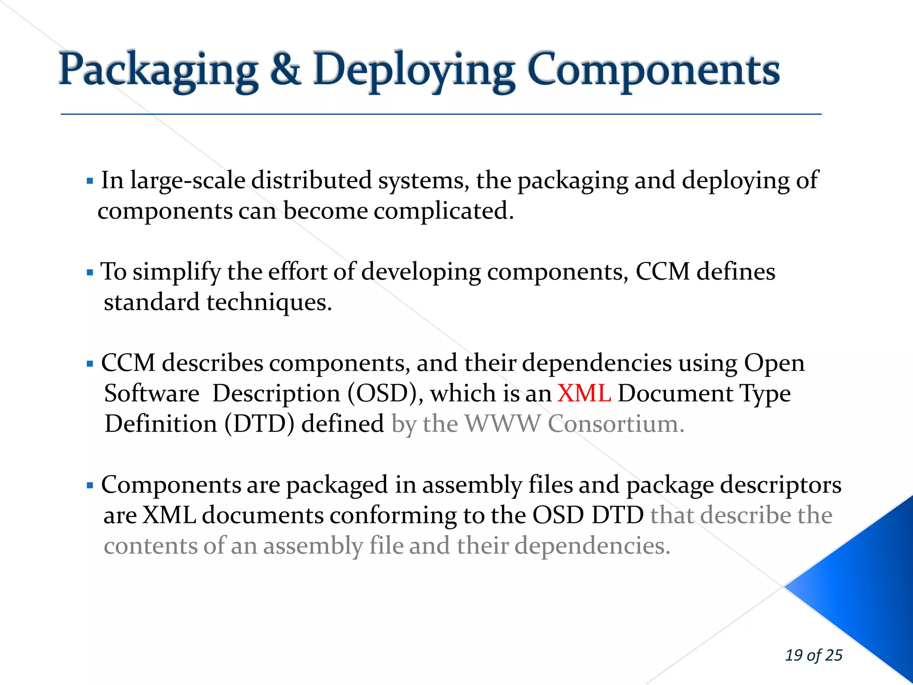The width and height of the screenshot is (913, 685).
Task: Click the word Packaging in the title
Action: [x=158, y=70]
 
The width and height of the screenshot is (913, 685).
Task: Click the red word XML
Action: [x=584, y=393]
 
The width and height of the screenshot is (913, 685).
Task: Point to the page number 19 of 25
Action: [x=814, y=655]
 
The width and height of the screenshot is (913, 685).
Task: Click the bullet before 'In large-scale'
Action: [x=90, y=182]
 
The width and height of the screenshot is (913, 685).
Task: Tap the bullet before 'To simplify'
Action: [x=90, y=272]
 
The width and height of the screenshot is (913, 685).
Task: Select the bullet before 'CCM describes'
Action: [x=90, y=364]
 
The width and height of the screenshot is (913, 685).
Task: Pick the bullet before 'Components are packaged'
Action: [x=90, y=486]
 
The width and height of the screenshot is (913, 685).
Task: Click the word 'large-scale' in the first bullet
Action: [x=188, y=181]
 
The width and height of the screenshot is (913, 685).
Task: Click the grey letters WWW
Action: [x=502, y=424]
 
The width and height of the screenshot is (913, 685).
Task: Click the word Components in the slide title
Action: [x=654, y=70]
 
